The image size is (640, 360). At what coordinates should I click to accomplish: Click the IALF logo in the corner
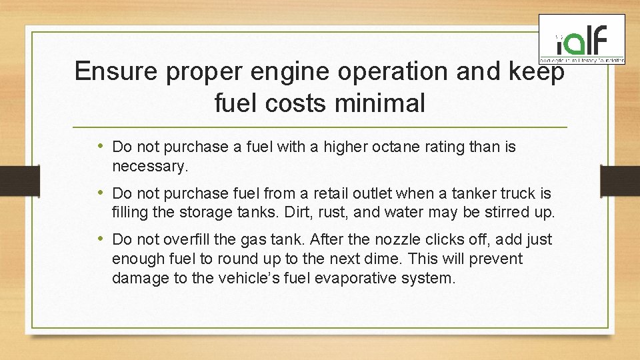pos(581,39)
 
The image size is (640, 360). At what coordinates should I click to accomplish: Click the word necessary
pos(150,166)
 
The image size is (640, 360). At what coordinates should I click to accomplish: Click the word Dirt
pos(306,213)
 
